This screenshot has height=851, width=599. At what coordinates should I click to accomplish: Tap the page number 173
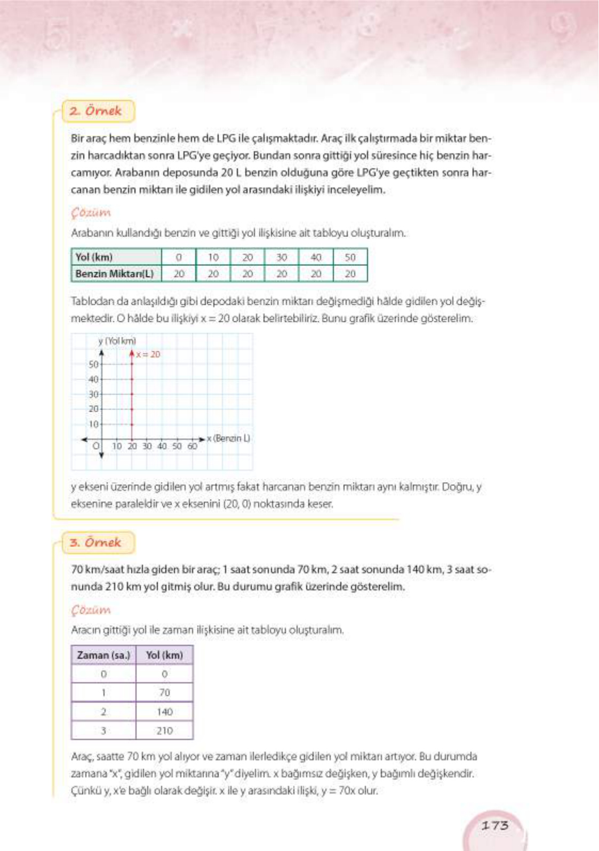click(495, 825)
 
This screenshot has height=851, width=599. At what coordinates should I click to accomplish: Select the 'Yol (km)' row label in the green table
click(94, 257)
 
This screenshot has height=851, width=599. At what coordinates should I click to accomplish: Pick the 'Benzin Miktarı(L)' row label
click(115, 274)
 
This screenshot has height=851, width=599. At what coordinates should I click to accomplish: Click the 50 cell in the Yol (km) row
click(350, 257)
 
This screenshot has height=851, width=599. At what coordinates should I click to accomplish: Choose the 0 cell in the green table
click(179, 257)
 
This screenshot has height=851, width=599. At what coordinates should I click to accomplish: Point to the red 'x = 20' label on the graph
click(148, 354)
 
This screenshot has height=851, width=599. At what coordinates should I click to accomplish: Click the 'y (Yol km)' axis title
click(117, 341)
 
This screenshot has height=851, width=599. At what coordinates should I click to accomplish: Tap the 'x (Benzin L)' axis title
click(228, 438)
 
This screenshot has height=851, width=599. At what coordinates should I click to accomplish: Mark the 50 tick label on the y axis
click(93, 364)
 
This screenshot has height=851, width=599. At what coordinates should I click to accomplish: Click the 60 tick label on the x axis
click(192, 446)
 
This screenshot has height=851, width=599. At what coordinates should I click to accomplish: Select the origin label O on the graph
click(96, 446)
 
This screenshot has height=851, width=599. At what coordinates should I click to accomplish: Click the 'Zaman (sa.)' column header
click(103, 655)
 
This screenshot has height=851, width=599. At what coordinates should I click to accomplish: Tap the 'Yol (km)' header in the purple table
click(164, 655)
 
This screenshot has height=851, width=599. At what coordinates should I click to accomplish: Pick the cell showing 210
click(164, 730)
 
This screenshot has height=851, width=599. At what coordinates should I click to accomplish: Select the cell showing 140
click(164, 712)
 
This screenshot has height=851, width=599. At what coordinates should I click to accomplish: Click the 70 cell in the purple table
click(164, 692)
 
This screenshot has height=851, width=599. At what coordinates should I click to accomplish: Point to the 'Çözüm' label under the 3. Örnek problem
click(91, 610)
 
